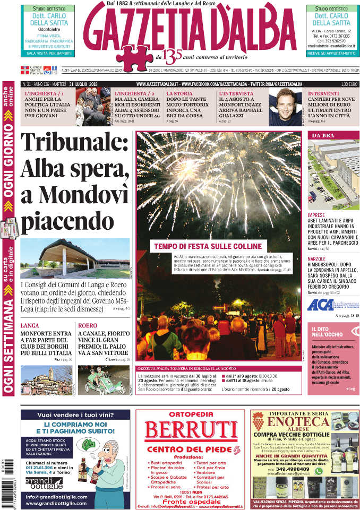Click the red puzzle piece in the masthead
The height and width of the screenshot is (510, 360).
pos(134,56)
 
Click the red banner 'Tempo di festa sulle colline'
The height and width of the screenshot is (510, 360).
pos(208,246)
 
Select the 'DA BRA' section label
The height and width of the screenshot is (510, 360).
pos(323,136)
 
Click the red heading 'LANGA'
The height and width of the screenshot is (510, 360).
pos(29,325)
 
